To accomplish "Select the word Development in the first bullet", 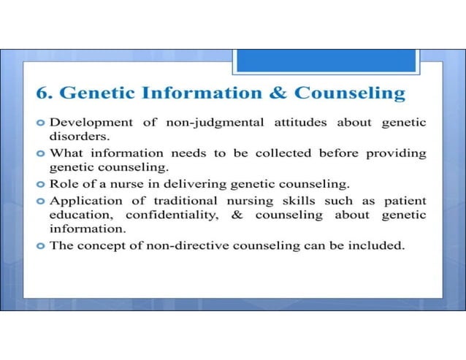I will point(90,122).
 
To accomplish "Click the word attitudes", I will point(303,122).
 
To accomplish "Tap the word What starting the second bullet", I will point(66,153).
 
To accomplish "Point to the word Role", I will point(64,184).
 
